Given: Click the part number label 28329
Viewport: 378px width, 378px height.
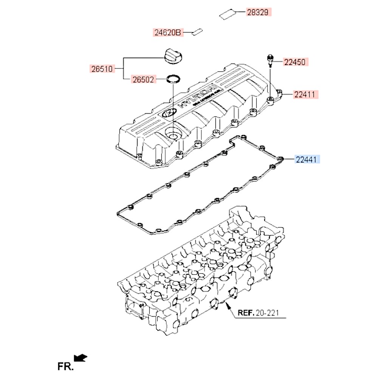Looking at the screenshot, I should click(x=259, y=12).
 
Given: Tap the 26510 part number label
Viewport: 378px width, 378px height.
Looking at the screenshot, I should click(x=102, y=69).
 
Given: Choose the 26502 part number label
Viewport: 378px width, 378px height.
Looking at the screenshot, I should click(x=143, y=79).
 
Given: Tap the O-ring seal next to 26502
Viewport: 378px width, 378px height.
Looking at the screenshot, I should click(x=174, y=79).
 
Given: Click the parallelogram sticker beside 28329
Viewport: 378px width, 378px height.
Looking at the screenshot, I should click(x=228, y=14).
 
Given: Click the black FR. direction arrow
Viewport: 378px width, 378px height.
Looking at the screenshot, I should click(x=81, y=358).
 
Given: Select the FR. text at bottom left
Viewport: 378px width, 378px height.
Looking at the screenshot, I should click(x=65, y=366).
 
